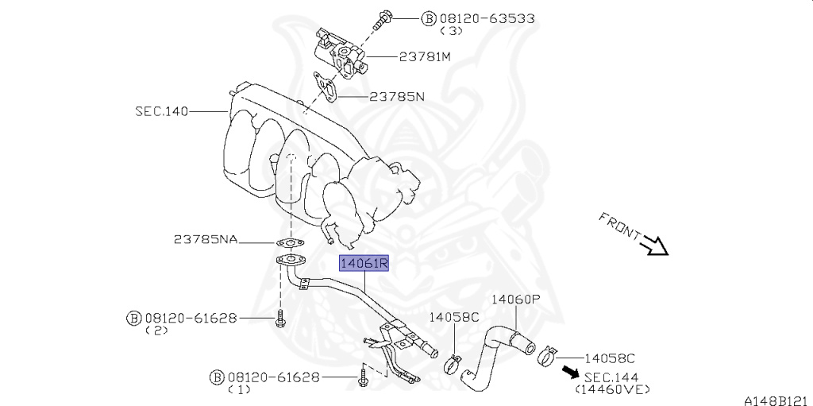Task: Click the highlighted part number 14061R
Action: pos(364,262)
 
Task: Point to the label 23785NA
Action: pos(206,239)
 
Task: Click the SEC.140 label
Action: pos(161,112)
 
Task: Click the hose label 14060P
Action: pos(515,300)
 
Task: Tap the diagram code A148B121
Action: pos(776,400)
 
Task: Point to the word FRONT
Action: pos(619,226)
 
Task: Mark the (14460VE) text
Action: pos(613,389)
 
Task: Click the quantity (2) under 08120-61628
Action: pos(156,331)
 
